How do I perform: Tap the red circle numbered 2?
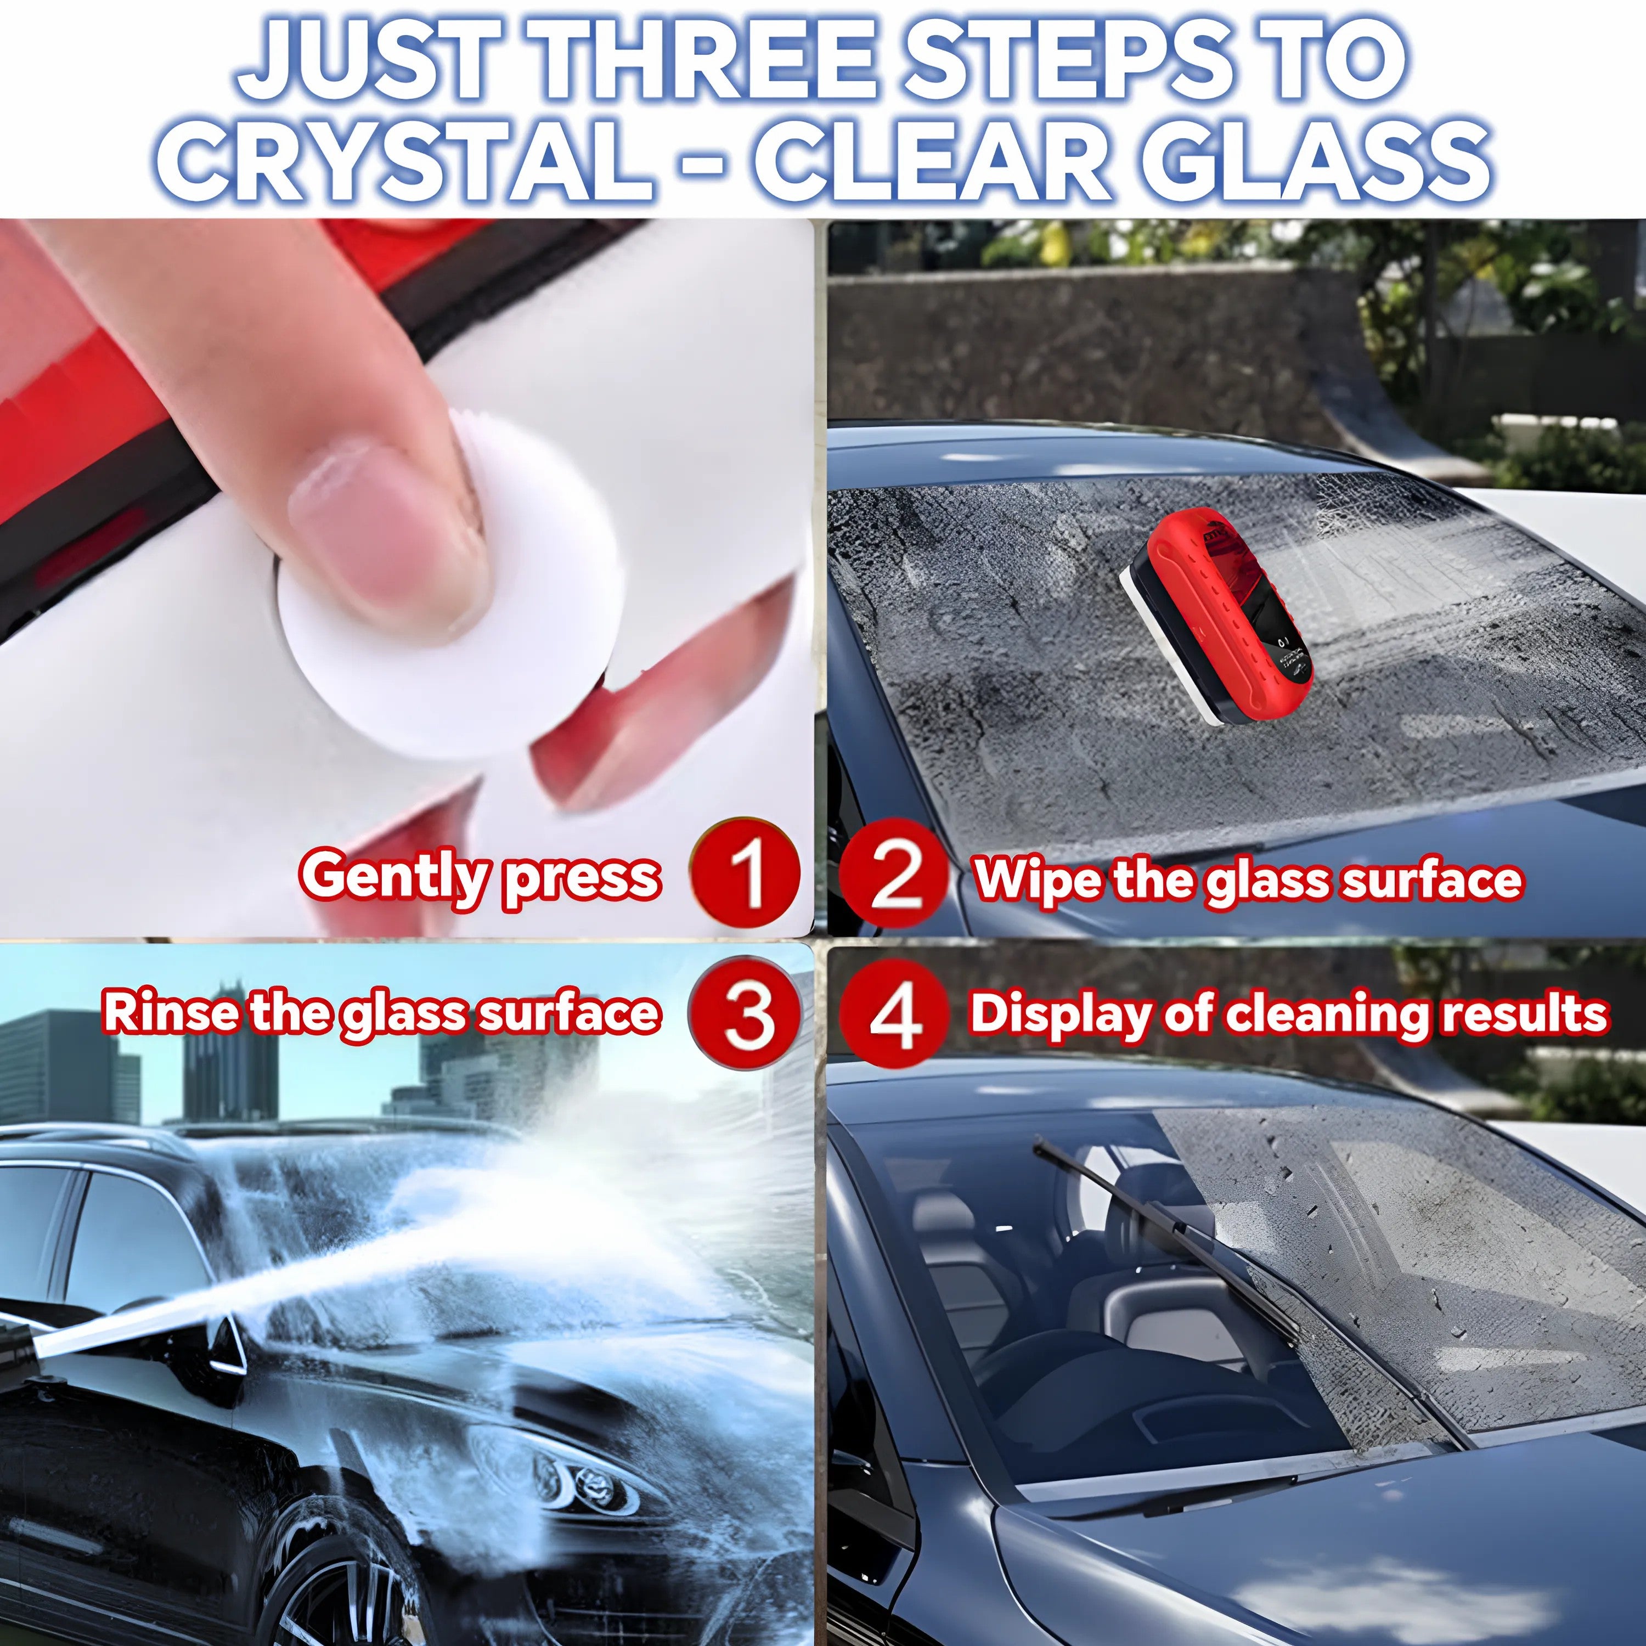893,877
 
